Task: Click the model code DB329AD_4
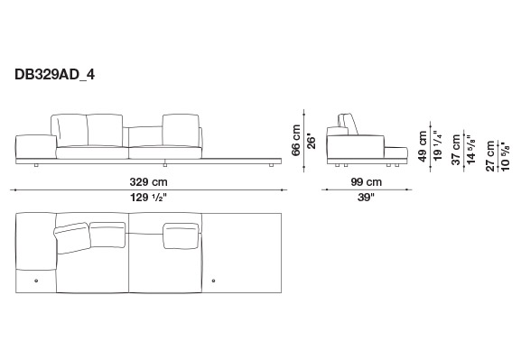pyautogui.click(x=54, y=75)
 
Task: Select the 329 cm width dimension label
pyautogui.click(x=148, y=182)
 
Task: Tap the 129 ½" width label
pyautogui.click(x=148, y=198)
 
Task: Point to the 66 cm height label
pyautogui.click(x=296, y=140)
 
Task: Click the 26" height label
pyautogui.click(x=311, y=141)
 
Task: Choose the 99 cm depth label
pyautogui.click(x=367, y=182)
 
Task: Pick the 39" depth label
pyautogui.click(x=366, y=198)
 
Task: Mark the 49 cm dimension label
pyautogui.click(x=422, y=146)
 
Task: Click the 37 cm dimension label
pyautogui.click(x=456, y=150)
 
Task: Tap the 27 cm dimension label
pyautogui.click(x=490, y=156)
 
